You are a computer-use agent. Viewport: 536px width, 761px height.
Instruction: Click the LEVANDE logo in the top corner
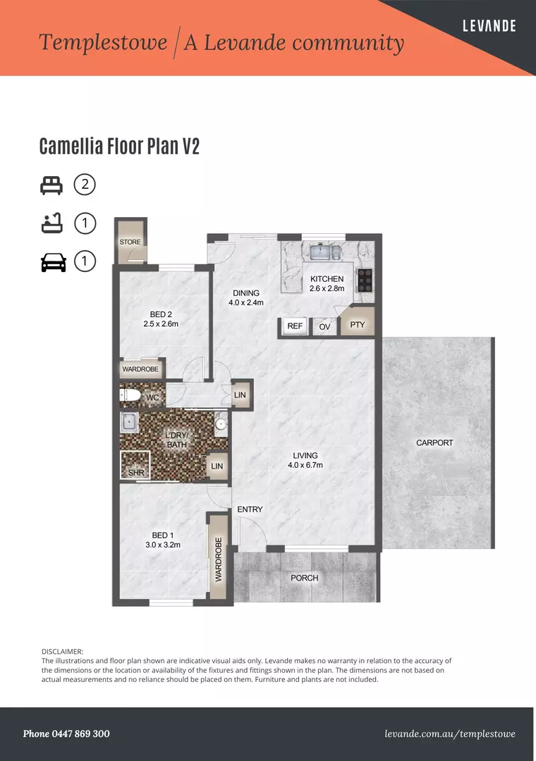point(489,26)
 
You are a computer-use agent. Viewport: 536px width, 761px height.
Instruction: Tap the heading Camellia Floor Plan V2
point(119,147)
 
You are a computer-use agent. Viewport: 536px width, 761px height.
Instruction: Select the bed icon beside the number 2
point(51,185)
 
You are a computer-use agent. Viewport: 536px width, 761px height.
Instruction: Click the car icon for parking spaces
point(54,262)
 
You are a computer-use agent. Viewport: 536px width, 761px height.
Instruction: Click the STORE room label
point(130,242)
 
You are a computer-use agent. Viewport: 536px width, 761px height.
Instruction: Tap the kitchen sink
point(324,252)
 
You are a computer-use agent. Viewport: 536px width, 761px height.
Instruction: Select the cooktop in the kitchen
point(365,280)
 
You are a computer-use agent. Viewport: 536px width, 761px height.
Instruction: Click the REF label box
point(295,326)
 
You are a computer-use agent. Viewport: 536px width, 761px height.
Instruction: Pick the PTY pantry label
point(358,325)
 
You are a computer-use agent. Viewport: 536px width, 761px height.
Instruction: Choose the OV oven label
point(324,327)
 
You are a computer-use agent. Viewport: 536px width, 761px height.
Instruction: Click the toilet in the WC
point(130,397)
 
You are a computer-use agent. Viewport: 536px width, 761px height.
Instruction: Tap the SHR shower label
point(135,473)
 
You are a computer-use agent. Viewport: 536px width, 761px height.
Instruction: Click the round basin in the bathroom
point(220,423)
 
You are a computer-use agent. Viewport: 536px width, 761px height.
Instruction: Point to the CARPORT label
point(434,443)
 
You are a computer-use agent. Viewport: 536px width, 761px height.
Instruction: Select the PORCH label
point(305,578)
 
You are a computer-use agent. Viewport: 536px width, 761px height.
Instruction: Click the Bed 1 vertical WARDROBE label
point(219,559)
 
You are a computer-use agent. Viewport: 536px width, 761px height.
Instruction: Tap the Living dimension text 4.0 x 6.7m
point(305,465)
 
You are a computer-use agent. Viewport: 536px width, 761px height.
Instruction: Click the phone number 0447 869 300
point(66,734)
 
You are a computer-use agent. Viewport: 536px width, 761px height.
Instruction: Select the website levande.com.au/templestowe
point(450,734)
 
